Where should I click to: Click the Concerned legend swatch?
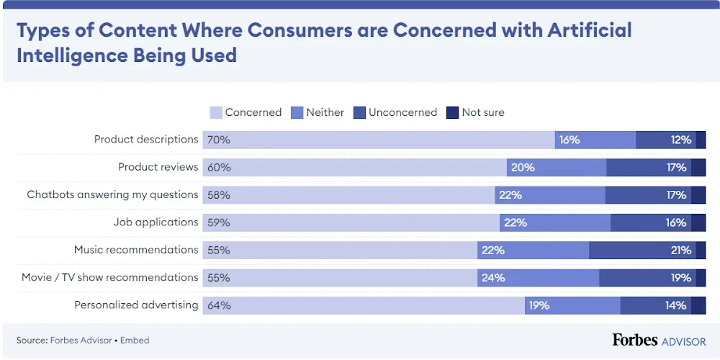pos(216,112)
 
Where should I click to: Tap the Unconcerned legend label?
pos(402,112)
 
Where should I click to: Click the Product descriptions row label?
pos(146,140)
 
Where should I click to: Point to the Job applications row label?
pos(156,222)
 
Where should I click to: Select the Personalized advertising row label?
pos(136,305)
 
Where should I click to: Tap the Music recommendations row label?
pos(136,250)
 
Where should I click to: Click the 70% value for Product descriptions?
pos(219,140)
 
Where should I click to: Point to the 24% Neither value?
pos(493,278)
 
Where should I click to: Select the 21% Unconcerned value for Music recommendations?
pos(680,251)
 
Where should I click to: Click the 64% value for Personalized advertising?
pos(219,305)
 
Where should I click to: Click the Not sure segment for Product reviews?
pos(698,168)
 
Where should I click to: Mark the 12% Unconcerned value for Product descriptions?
pos(680,140)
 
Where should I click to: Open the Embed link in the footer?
pos(135,341)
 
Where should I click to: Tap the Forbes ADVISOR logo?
pos(659,340)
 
